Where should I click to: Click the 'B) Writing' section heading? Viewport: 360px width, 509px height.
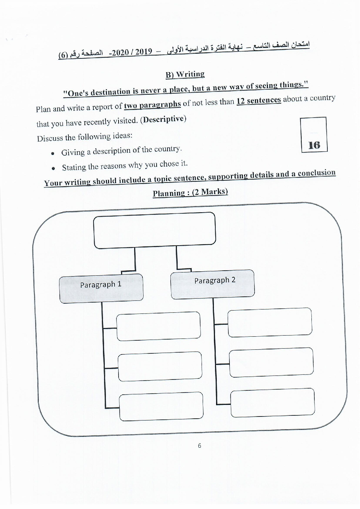(x=185, y=74)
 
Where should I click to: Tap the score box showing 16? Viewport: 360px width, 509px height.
(x=314, y=135)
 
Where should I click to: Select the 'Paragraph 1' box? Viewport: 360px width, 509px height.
(x=101, y=288)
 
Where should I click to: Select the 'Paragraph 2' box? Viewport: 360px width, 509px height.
(x=212, y=284)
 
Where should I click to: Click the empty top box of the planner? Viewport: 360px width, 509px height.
(x=154, y=230)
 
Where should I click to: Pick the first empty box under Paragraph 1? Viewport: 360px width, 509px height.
(x=158, y=326)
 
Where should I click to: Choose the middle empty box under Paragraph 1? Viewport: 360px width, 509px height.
(x=160, y=366)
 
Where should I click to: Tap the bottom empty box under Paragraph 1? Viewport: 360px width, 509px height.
(x=161, y=406)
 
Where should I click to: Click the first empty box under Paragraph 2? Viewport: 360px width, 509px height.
(x=270, y=322)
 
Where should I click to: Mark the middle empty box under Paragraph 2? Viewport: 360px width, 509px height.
(x=271, y=362)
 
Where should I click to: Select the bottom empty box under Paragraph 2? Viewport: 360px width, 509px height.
(x=272, y=403)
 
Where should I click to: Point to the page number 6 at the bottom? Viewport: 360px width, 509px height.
(x=199, y=446)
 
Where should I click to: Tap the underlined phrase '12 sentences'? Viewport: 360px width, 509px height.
(x=258, y=100)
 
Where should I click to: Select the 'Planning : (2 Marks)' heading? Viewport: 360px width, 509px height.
(x=190, y=192)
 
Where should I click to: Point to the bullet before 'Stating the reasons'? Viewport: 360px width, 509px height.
(x=54, y=168)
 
